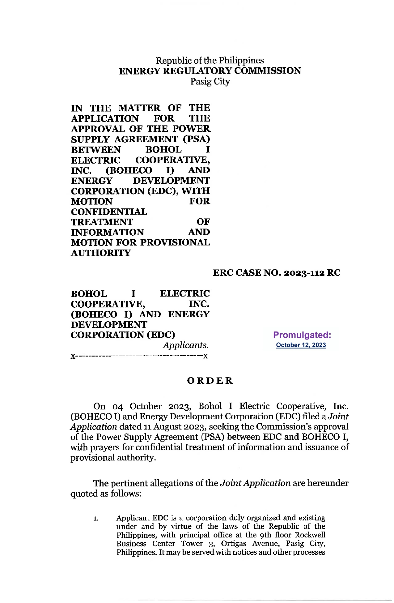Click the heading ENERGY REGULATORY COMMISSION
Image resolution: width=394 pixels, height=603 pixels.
(x=210, y=71)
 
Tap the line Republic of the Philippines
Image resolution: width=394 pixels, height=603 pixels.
(x=210, y=60)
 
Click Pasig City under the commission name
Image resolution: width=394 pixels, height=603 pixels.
(x=210, y=82)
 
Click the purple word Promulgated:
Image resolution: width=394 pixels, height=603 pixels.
(x=302, y=335)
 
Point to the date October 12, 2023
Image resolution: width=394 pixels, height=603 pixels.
(x=301, y=345)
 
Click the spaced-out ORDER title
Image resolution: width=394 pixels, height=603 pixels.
(x=210, y=381)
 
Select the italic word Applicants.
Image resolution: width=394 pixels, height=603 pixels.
(x=186, y=345)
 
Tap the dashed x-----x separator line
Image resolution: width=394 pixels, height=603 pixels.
(x=139, y=356)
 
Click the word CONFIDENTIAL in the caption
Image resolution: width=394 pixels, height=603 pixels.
(x=109, y=212)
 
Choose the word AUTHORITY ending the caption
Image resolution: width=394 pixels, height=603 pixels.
(x=101, y=253)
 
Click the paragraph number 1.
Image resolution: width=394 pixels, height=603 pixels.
(x=96, y=519)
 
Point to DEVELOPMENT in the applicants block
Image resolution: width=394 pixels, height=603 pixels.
(x=109, y=325)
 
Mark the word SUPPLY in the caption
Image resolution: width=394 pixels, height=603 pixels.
(x=90, y=139)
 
